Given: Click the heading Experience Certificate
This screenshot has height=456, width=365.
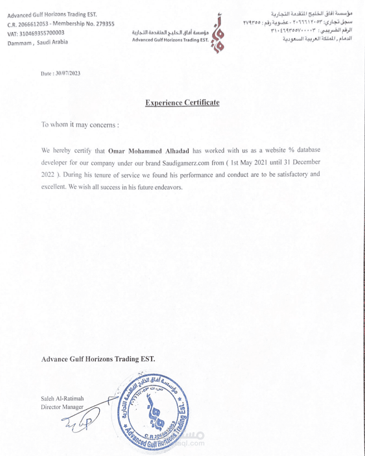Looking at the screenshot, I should click(x=182, y=103).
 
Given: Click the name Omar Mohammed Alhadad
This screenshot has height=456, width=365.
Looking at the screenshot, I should click(x=149, y=151).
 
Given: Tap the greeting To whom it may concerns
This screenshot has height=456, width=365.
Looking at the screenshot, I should click(x=80, y=124).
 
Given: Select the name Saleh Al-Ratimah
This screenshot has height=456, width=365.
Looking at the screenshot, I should click(x=62, y=399).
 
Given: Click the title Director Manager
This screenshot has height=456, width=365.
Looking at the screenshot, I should click(x=62, y=407).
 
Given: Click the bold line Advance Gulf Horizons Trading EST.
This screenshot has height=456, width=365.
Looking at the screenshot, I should click(x=98, y=359).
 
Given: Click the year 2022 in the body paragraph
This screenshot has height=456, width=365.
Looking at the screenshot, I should click(x=49, y=175).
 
